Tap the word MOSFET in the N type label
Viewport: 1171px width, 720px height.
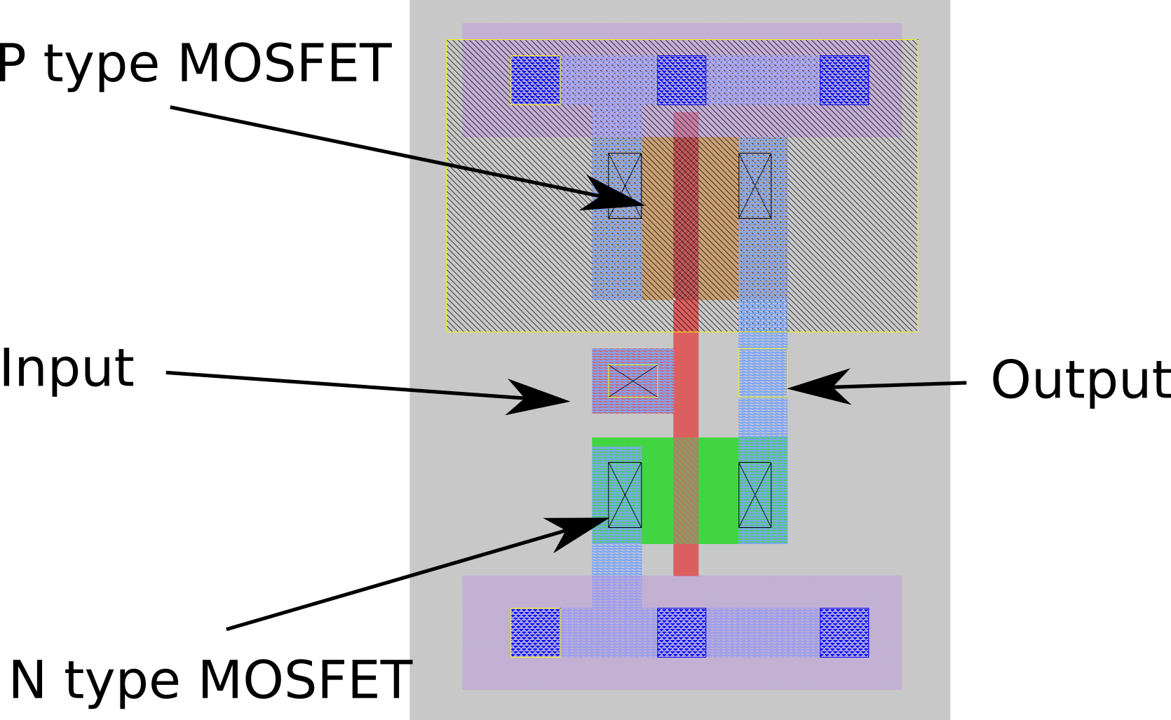coord(305,679)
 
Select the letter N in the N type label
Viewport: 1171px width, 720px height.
coord(27,679)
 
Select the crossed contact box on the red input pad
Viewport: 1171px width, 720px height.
coord(632,381)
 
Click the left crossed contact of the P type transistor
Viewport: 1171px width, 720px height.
coord(625,186)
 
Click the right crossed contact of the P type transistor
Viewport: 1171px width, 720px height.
coord(755,186)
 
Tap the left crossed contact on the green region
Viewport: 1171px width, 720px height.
coord(625,495)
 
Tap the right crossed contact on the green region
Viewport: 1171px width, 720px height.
coord(755,495)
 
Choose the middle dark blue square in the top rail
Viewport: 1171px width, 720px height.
coord(682,81)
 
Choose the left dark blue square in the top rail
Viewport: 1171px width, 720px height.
coord(535,81)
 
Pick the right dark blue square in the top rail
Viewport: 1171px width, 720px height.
coord(844,81)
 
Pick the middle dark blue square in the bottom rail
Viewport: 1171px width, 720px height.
coord(682,633)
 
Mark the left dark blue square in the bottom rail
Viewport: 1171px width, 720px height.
coord(535,633)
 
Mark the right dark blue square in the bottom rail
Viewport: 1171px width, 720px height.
coord(844,633)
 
